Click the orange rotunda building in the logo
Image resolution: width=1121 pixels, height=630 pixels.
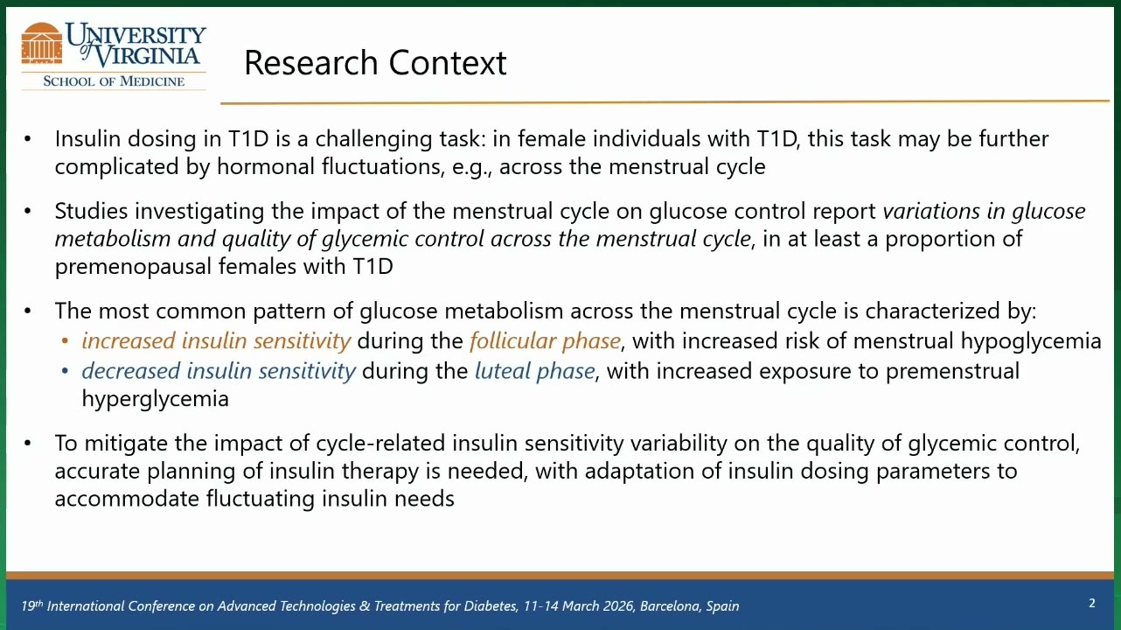click(x=42, y=43)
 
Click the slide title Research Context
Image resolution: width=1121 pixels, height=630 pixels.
click(x=375, y=63)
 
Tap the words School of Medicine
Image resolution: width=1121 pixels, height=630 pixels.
click(x=114, y=81)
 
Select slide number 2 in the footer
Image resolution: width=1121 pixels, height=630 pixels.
click(x=1092, y=603)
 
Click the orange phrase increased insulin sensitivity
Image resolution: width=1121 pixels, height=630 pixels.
click(x=216, y=341)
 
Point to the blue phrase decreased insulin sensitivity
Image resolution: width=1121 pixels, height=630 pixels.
click(x=219, y=371)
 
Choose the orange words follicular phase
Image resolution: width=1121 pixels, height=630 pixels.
click(x=545, y=341)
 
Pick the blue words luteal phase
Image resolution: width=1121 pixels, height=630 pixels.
click(x=534, y=371)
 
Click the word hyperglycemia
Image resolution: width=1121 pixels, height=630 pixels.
click(x=155, y=399)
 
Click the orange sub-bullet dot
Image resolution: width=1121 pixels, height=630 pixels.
click(x=65, y=341)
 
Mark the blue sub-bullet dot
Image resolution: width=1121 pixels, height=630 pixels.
click(x=65, y=372)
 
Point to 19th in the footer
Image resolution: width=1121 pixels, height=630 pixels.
click(x=32, y=605)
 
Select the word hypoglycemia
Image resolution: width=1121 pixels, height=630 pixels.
click(x=1031, y=341)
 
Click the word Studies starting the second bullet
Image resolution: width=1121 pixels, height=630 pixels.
click(x=91, y=211)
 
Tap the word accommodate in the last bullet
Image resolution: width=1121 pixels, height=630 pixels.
click(x=127, y=499)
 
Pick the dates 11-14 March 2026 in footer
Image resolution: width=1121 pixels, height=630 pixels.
click(x=579, y=606)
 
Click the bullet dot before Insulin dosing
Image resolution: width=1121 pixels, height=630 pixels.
click(x=27, y=139)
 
